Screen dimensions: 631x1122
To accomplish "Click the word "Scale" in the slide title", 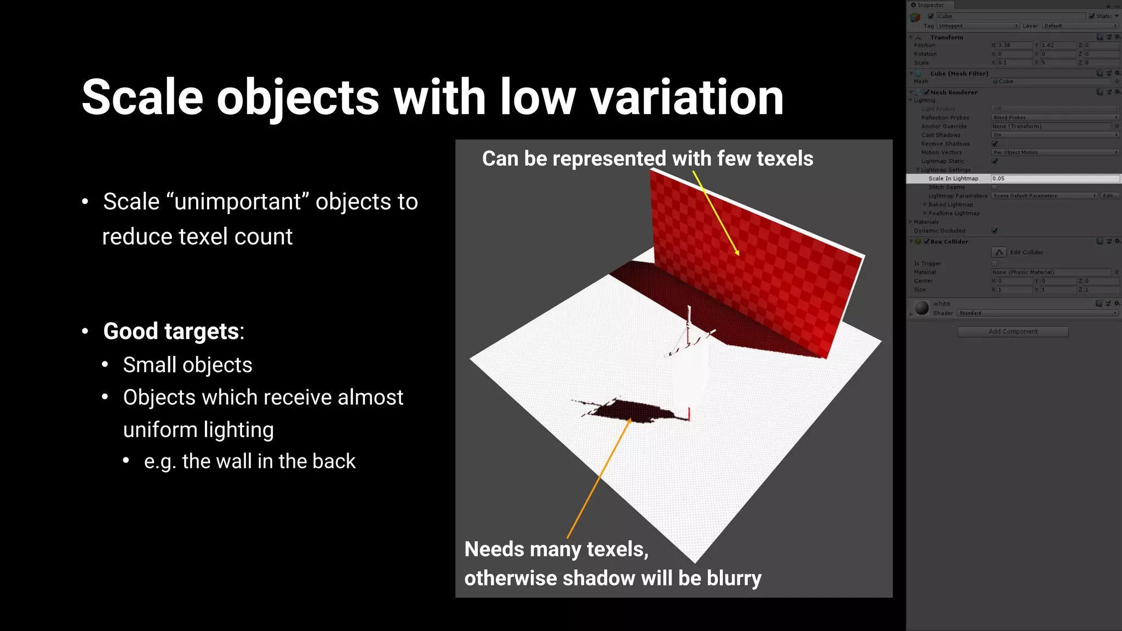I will (142, 97).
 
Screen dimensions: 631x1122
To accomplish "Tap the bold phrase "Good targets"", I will (171, 331).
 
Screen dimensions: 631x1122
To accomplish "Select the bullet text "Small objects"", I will (187, 365).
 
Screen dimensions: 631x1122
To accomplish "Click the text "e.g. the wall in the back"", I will (250, 462).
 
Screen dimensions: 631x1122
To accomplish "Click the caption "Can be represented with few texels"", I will (647, 159).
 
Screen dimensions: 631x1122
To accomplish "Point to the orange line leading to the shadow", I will (600, 477).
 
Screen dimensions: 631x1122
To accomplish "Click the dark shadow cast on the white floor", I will (630, 411).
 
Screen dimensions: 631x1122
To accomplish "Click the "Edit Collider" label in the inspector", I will (1026, 253).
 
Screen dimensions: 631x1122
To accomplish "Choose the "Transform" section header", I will (946, 38).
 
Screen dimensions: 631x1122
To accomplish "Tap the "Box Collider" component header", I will (949, 242).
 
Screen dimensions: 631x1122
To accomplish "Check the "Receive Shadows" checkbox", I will (995, 144).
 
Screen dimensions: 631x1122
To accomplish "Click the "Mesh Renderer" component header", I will (953, 93).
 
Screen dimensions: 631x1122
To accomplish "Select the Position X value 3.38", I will (1014, 45).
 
